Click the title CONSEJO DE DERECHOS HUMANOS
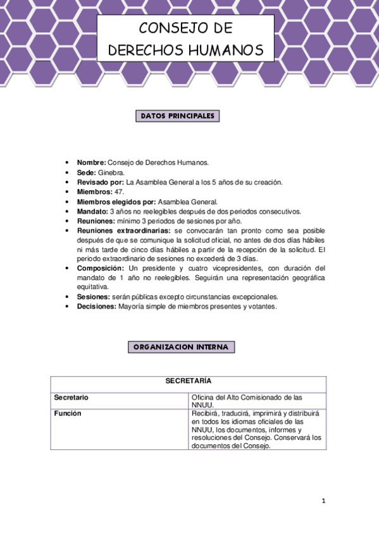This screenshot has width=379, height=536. (x=185, y=39)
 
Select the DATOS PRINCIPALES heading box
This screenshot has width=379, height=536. (x=177, y=116)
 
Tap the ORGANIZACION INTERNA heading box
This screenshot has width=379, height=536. (x=182, y=347)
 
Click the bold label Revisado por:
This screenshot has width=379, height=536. (x=101, y=182)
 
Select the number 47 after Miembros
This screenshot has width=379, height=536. (x=118, y=192)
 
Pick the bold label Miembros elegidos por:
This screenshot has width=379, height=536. (x=116, y=202)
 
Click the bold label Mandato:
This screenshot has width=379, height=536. (x=92, y=211)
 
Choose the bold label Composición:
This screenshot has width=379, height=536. (x=101, y=268)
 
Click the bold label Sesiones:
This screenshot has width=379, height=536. (x=94, y=296)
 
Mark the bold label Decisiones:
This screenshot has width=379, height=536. (x=96, y=306)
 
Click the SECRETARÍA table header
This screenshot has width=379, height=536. (x=188, y=381)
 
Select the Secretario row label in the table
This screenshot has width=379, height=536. (x=71, y=398)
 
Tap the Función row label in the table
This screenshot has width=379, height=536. (x=68, y=413)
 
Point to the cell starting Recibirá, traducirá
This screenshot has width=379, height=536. (x=256, y=429)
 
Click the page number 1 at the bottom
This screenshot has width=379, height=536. (x=323, y=501)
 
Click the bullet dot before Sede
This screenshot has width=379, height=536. (x=68, y=173)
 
